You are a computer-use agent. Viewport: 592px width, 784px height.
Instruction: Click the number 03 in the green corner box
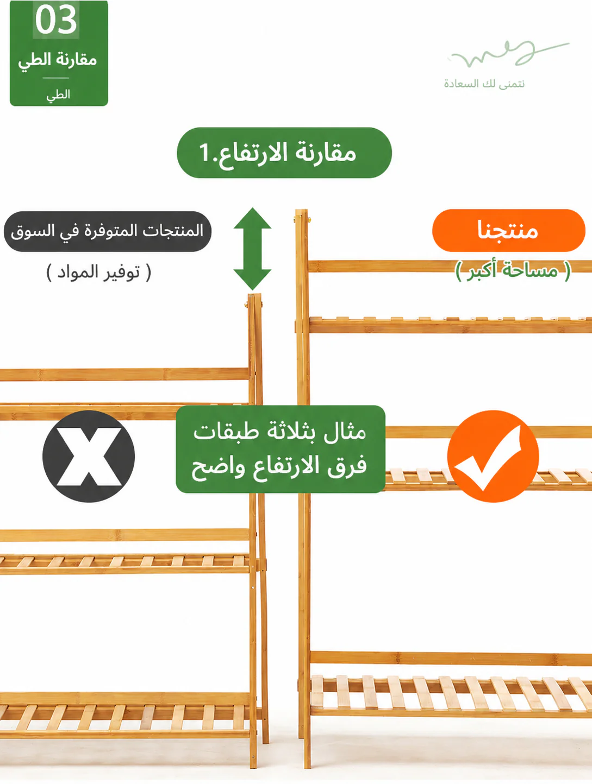point(56,20)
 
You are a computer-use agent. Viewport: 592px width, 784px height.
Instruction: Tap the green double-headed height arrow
point(252,249)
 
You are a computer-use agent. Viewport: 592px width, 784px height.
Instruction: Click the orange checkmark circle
point(493,456)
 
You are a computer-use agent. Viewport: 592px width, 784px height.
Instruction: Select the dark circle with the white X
point(89,456)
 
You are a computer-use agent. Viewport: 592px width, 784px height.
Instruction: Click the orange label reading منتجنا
point(508,230)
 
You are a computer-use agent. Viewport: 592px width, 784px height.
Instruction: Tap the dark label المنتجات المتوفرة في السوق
point(107,231)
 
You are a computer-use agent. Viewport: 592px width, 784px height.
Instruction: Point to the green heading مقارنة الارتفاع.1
point(284,153)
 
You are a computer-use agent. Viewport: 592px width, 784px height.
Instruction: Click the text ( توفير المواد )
point(99,273)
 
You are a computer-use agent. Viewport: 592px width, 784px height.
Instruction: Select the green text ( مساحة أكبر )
point(513,271)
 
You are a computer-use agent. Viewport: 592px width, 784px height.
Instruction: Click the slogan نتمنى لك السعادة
point(484,84)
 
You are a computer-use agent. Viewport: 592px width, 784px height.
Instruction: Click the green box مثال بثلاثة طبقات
point(281,450)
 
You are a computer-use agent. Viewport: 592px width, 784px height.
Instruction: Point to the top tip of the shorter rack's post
point(254,294)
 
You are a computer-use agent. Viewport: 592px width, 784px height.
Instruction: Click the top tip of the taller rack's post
point(302,210)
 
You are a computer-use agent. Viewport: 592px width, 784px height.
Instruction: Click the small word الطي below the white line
point(58,95)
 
